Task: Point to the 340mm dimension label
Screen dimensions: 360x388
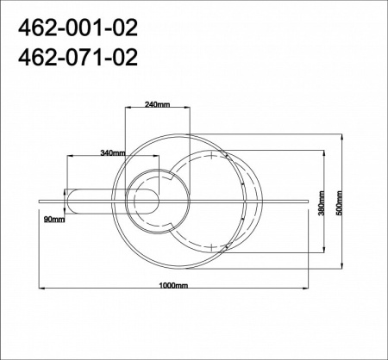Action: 113,152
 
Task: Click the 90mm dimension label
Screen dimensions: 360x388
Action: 53,220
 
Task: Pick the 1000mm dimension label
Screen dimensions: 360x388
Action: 175,284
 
